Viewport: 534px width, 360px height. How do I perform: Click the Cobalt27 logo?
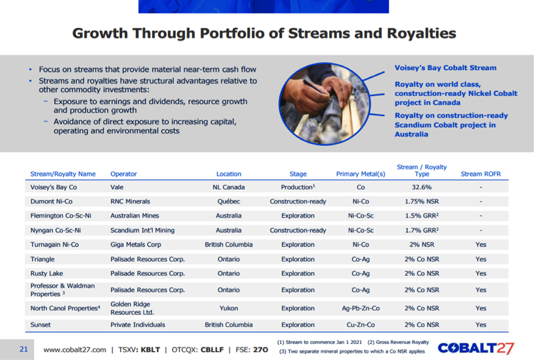tap(476, 349)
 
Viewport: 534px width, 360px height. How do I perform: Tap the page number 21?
tap(23, 349)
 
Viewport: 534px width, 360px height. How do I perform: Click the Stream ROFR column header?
tap(481, 174)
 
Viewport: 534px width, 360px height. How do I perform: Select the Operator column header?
tap(124, 174)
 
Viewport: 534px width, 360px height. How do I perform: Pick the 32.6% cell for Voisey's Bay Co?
tap(422, 187)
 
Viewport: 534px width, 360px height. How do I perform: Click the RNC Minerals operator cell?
tap(130, 201)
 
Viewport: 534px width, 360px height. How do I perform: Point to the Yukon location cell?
tap(228, 308)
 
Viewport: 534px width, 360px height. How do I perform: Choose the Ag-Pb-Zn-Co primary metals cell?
tap(361, 308)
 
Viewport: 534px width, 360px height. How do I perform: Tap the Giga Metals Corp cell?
tap(135, 245)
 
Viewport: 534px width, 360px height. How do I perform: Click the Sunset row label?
tap(40, 324)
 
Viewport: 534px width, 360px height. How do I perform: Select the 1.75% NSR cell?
tap(422, 201)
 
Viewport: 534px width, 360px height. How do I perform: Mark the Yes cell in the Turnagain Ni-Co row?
tap(481, 245)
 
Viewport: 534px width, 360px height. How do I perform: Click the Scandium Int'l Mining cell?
tap(142, 230)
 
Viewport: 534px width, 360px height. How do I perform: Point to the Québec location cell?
tap(228, 201)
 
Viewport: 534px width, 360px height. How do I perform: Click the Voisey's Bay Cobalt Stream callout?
tap(446, 68)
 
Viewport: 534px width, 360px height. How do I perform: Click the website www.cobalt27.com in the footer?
tap(74, 350)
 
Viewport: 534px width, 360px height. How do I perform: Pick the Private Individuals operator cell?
tap(138, 324)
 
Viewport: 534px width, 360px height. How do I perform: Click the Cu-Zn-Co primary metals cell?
tap(361, 324)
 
